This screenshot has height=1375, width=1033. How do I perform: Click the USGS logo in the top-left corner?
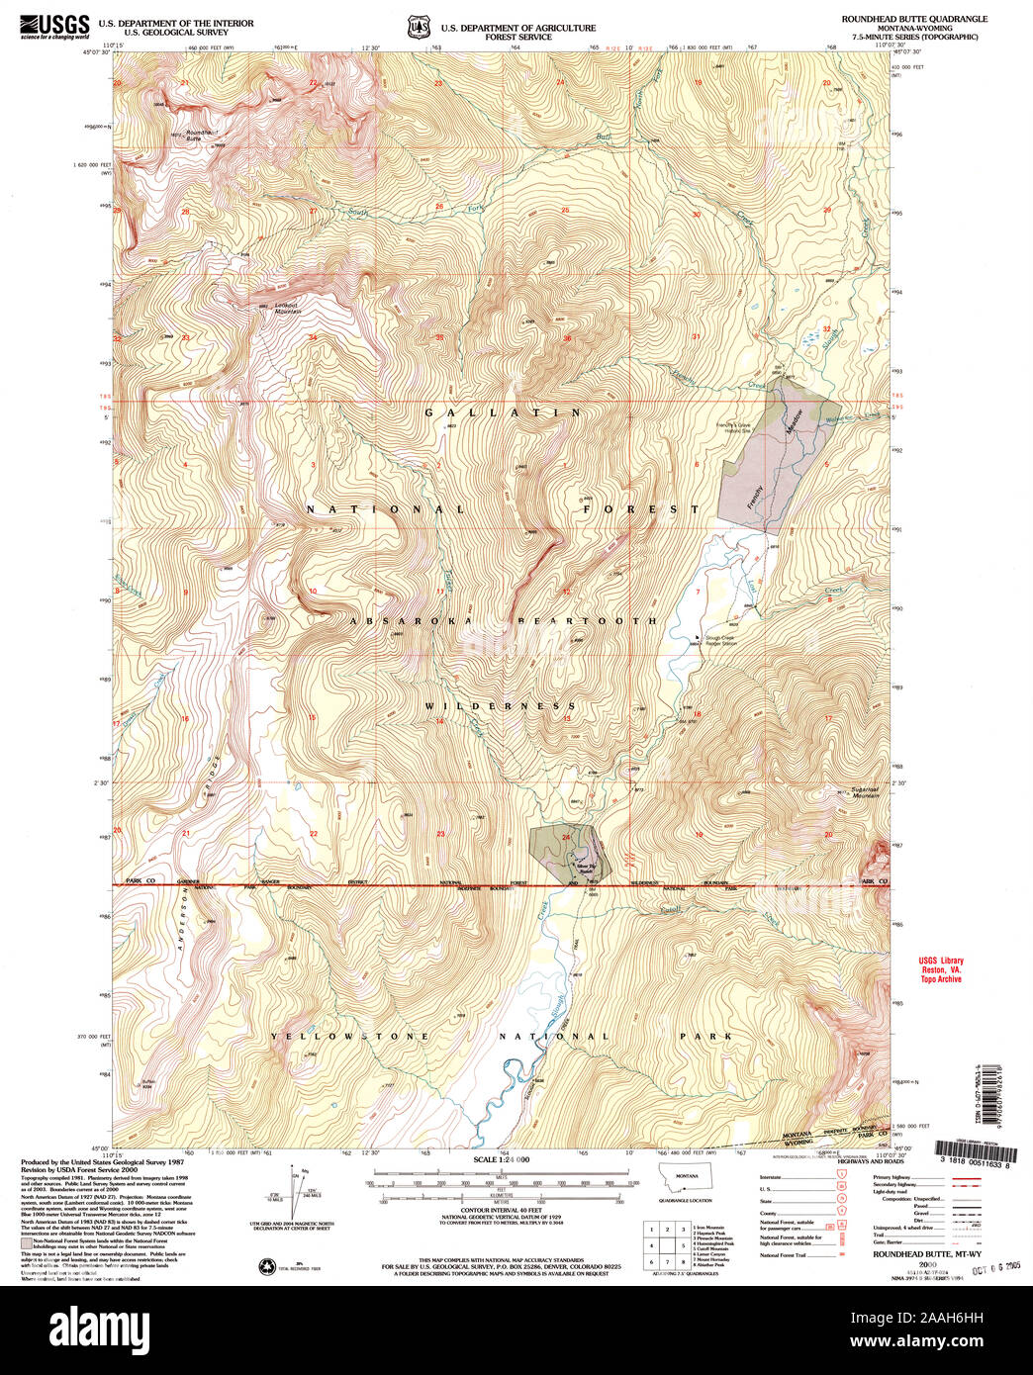click(x=55, y=26)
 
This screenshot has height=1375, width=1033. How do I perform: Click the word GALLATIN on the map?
click(x=504, y=412)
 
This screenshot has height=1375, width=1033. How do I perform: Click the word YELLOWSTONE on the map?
click(x=350, y=1037)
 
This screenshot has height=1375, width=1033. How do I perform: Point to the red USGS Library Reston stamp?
click(x=940, y=969)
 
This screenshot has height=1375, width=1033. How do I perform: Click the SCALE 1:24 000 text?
click(x=502, y=1159)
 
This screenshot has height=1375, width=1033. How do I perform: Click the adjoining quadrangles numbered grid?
click(x=666, y=1244)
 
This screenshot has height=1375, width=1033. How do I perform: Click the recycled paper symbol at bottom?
click(x=267, y=1266)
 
